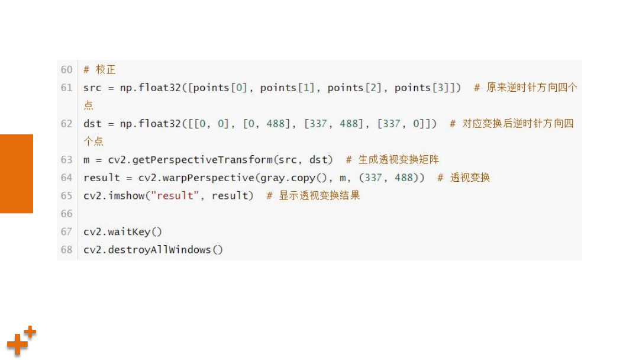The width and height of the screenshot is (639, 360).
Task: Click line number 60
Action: [66, 70]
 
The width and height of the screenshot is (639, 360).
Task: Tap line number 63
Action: [66, 160]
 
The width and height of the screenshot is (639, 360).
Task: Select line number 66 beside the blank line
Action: [66, 214]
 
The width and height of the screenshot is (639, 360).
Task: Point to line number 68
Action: [66, 249]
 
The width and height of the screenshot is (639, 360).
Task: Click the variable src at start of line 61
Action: [92, 88]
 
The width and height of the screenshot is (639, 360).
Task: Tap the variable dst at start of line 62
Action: [92, 124]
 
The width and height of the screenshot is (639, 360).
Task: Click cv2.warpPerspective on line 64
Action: [196, 178]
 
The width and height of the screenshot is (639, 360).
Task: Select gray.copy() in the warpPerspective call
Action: [293, 178]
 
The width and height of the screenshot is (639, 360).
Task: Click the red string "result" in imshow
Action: [175, 196]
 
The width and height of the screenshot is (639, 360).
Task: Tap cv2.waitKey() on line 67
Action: [122, 232]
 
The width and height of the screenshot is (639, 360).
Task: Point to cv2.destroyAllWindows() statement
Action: [153, 249]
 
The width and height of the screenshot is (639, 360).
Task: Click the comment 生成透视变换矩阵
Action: [399, 159]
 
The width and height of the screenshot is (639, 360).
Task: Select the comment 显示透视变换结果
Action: [319, 195]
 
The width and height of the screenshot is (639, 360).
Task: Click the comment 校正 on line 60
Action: [105, 70]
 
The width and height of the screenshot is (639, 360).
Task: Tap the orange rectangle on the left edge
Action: [17, 173]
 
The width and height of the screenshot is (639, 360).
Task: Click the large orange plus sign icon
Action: [17, 344]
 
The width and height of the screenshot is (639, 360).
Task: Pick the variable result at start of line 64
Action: [102, 178]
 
